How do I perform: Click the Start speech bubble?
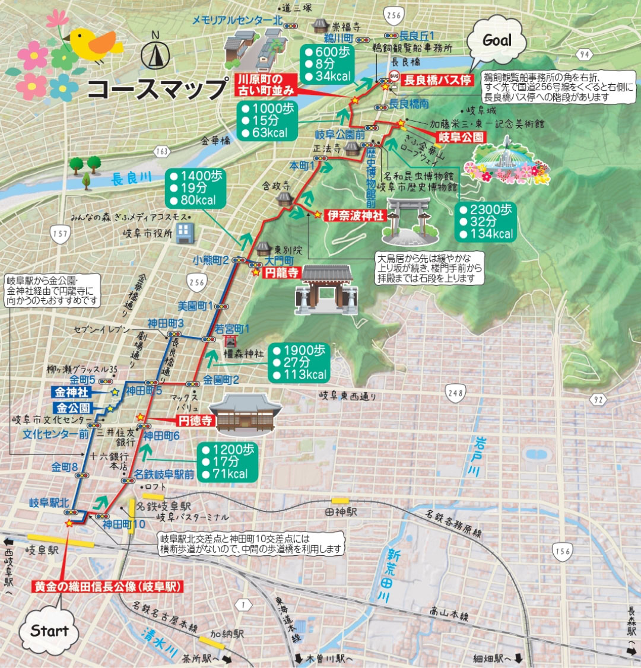(x=49, y=631)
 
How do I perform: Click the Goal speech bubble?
(x=497, y=40)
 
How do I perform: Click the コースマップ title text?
(x=157, y=89)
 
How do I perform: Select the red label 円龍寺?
(x=281, y=273)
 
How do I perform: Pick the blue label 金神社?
(x=72, y=393)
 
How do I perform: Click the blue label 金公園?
(x=74, y=408)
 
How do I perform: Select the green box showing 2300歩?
(x=486, y=221)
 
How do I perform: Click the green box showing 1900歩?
(x=300, y=362)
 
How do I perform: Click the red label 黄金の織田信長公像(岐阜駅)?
(x=107, y=587)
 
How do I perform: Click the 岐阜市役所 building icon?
(x=185, y=233)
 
